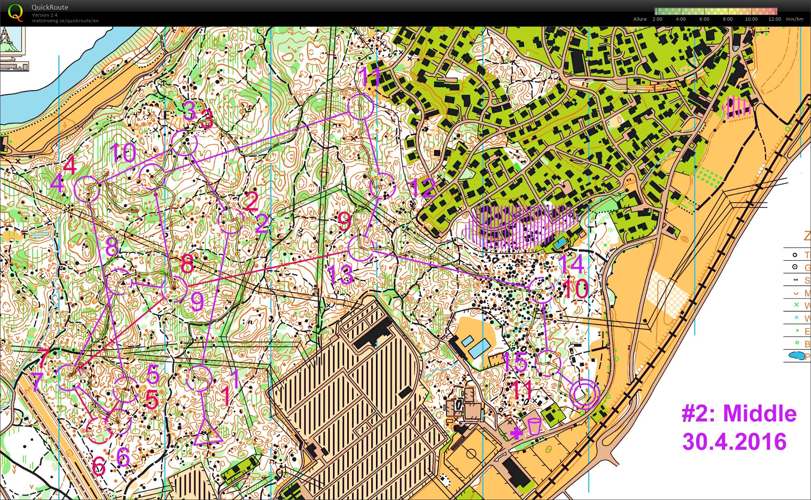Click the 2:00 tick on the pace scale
pyautogui.click(x=657, y=19)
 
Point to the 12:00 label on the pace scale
pyautogui.click(x=774, y=19)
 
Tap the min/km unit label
pyautogui.click(x=794, y=19)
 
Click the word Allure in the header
pyautogui.click(x=640, y=19)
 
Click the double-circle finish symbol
pyautogui.click(x=584, y=394)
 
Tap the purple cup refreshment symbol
pyautogui.click(x=534, y=426)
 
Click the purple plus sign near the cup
pyautogui.click(x=516, y=433)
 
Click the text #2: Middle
pyautogui.click(x=739, y=414)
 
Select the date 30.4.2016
pyautogui.click(x=734, y=441)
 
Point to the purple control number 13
pyautogui.click(x=340, y=274)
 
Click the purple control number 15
pyautogui.click(x=514, y=362)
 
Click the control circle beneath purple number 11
pyautogui.click(x=360, y=107)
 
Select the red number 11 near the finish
pyautogui.click(x=521, y=389)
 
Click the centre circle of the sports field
pyautogui.click(x=471, y=453)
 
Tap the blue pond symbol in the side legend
pyautogui.click(x=796, y=356)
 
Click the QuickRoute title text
pyautogui.click(x=50, y=7)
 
